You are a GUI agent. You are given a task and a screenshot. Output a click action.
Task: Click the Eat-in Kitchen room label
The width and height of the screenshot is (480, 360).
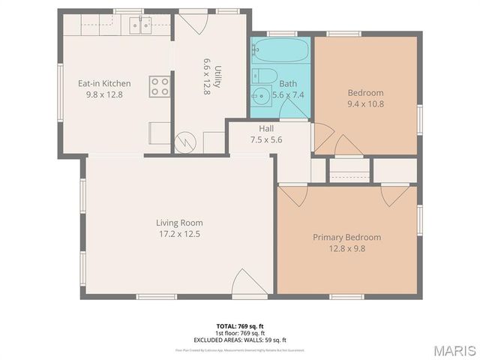tap(105, 83)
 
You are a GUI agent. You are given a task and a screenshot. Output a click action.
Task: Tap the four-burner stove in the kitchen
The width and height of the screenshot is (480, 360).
tap(159, 86)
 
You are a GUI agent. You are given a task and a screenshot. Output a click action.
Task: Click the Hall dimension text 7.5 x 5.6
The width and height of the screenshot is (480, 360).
tap(266, 139)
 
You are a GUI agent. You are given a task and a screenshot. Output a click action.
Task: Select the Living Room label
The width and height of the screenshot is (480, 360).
tap(179, 223)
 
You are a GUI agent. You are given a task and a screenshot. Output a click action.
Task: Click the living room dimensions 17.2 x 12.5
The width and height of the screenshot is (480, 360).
tap(179, 234)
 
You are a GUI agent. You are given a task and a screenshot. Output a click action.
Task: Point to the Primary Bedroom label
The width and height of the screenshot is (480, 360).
tap(346, 238)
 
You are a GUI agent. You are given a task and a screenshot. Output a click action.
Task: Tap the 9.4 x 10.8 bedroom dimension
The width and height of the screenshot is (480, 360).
tap(365, 104)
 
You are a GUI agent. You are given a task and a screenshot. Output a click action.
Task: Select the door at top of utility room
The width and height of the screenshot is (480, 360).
tap(192, 21)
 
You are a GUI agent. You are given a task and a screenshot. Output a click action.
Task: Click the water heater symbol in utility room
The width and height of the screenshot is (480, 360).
tap(185, 139)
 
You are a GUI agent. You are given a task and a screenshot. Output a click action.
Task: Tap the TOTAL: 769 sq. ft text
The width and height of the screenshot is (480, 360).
tap(240, 326)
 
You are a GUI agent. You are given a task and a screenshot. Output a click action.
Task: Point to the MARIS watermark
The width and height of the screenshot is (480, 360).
tap(453, 350)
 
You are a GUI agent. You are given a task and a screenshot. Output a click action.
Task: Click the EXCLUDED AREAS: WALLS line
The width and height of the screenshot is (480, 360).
tap(240, 338)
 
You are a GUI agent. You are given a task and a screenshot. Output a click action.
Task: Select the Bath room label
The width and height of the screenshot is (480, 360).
tap(288, 84)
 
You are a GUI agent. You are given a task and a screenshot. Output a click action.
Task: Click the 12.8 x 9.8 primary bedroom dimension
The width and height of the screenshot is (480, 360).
tap(346, 249)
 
